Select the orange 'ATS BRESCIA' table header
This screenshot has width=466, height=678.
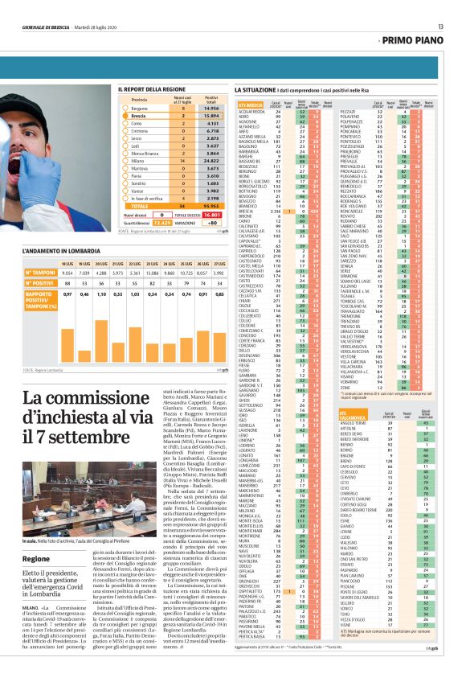tap(251, 105)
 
